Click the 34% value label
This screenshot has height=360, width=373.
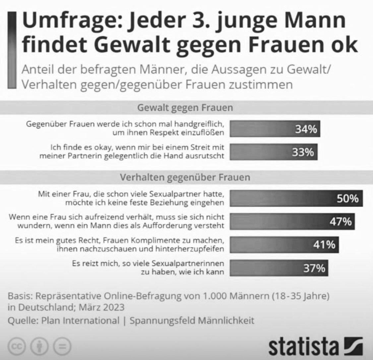click(306, 129)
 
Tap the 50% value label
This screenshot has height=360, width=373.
click(348, 199)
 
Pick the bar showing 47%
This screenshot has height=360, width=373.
click(292, 222)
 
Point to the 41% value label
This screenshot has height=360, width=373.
click(324, 245)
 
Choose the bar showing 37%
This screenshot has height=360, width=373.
click(279, 268)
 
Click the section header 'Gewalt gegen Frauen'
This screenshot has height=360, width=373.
click(185, 108)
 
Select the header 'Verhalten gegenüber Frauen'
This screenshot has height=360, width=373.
click(185, 178)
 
